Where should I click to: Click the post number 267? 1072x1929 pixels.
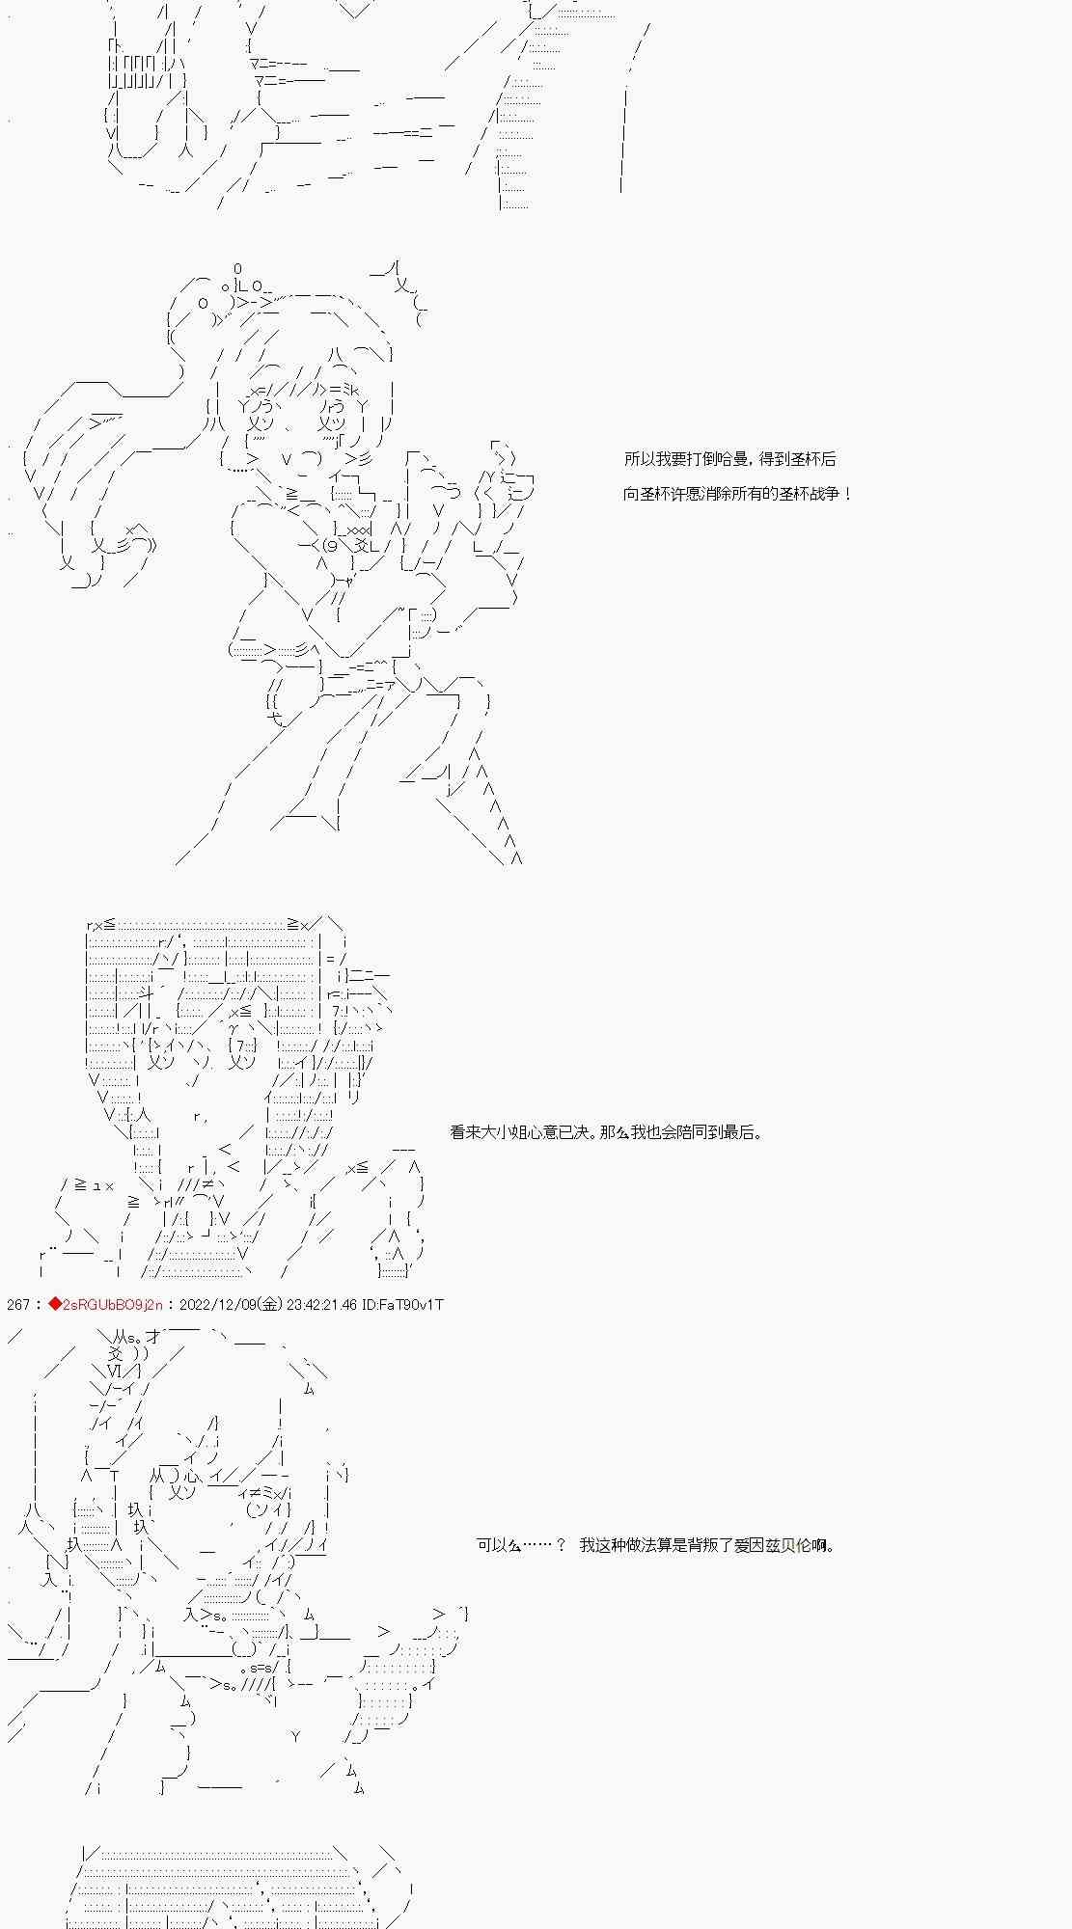pos(18,1305)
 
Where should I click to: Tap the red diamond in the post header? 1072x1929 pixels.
pos(55,1305)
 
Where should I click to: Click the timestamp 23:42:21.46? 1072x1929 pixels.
pos(321,1305)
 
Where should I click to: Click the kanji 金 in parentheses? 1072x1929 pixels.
pos(271,1305)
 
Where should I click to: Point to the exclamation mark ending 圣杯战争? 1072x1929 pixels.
pos(847,495)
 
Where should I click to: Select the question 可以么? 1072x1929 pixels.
pos(499,1545)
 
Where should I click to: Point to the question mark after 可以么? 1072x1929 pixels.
pos(561,1545)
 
